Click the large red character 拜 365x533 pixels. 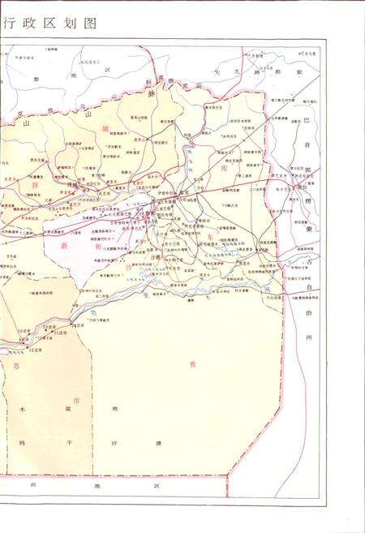pos(34,187)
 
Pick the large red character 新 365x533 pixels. pos(65,245)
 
